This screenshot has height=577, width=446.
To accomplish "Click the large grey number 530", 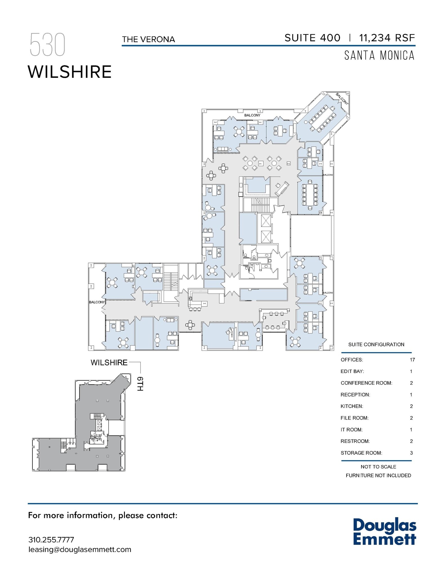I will click(x=47, y=45).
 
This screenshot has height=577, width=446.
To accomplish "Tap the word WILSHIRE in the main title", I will click(x=70, y=72).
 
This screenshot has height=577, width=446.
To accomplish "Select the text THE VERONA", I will click(x=148, y=39).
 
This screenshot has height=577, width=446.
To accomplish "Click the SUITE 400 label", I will click(x=312, y=38).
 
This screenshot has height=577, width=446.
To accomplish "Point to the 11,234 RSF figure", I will click(x=387, y=38).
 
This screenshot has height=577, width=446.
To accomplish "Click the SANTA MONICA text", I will click(x=379, y=56).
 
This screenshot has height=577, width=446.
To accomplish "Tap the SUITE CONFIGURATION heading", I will click(x=376, y=345).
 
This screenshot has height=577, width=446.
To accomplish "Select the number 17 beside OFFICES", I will click(x=412, y=360).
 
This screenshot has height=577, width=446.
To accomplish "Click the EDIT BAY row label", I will click(x=352, y=371).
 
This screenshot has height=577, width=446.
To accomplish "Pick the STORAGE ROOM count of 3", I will click(x=411, y=453).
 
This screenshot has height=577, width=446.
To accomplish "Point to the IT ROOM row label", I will click(x=352, y=430).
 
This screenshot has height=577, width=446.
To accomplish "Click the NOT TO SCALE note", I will click(x=378, y=467).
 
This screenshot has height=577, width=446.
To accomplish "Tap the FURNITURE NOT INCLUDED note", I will click(x=378, y=476).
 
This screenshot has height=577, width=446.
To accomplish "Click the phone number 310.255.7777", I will click(x=51, y=540).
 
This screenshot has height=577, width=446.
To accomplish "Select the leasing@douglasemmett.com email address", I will click(x=80, y=549).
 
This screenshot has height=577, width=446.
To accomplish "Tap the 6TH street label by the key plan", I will click(x=140, y=384).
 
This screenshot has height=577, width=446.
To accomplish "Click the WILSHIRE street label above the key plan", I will click(x=109, y=363).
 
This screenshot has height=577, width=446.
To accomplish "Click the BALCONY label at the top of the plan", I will click(x=252, y=115).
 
